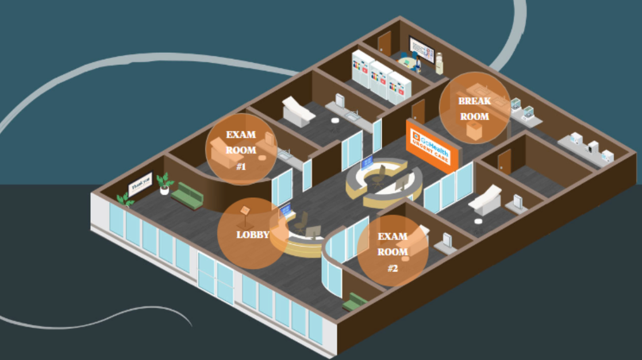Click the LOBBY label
(x=252, y=235)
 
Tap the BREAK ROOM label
(x=474, y=108)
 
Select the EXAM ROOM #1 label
(x=241, y=151)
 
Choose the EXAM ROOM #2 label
(x=393, y=252)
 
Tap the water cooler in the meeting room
(x=440, y=64)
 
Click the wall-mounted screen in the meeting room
(x=422, y=51)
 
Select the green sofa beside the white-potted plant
(x=188, y=195)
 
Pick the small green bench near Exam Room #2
(x=354, y=301)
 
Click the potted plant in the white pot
(x=165, y=183)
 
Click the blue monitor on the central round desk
(x=367, y=162)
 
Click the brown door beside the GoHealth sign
(x=418, y=111)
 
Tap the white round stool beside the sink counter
(x=335, y=121)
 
